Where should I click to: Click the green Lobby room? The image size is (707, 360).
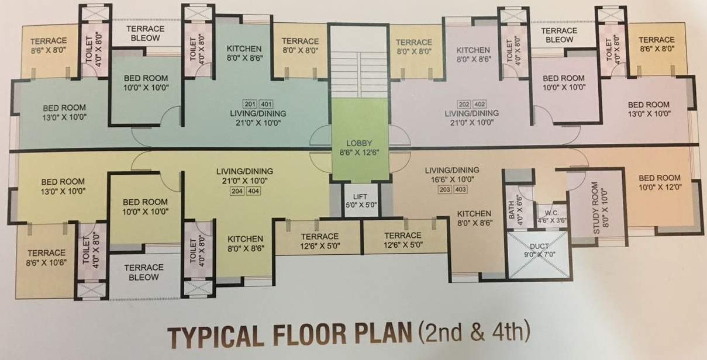360,140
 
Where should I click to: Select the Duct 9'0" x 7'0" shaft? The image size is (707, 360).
539,255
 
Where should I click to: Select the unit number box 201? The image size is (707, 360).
250,104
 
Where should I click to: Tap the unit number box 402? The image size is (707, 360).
480,104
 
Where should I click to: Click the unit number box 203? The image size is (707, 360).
445,189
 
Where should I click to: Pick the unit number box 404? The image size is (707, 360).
254,191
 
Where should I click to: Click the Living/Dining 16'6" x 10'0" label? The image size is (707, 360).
452,175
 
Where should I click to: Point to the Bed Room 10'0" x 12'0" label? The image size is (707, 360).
660,182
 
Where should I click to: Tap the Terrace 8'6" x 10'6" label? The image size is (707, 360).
46,258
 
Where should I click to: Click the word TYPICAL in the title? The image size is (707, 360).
216,337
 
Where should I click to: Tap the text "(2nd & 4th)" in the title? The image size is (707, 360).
474,331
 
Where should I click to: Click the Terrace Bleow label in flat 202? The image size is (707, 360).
559,35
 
